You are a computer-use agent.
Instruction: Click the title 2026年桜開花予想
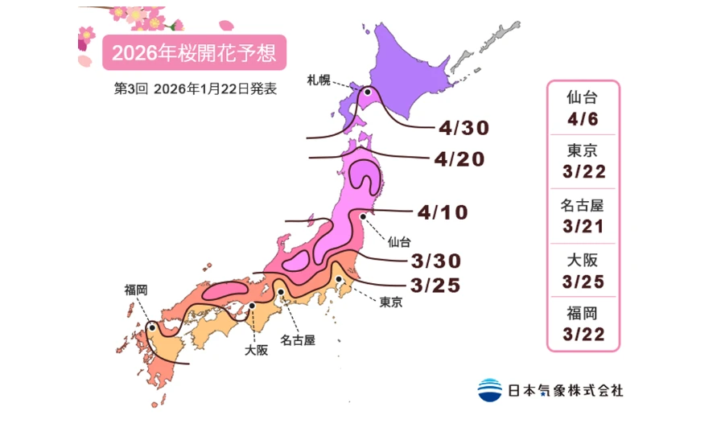tap(193, 53)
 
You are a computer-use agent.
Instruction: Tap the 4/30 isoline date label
tap(464, 128)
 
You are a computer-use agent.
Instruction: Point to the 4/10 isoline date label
tap(443, 212)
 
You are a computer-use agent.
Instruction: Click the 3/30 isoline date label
tap(435, 261)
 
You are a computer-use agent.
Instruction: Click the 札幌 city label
tap(318, 79)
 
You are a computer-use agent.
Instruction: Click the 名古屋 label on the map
tap(298, 339)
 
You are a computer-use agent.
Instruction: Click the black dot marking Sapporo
tap(368, 93)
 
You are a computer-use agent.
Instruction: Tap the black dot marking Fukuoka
tap(152, 328)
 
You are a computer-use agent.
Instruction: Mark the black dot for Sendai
tap(364, 216)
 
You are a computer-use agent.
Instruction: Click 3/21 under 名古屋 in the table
tap(583, 226)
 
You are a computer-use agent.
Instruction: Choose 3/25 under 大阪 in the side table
tap(583, 281)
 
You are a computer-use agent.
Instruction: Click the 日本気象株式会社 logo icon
tap(489, 390)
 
